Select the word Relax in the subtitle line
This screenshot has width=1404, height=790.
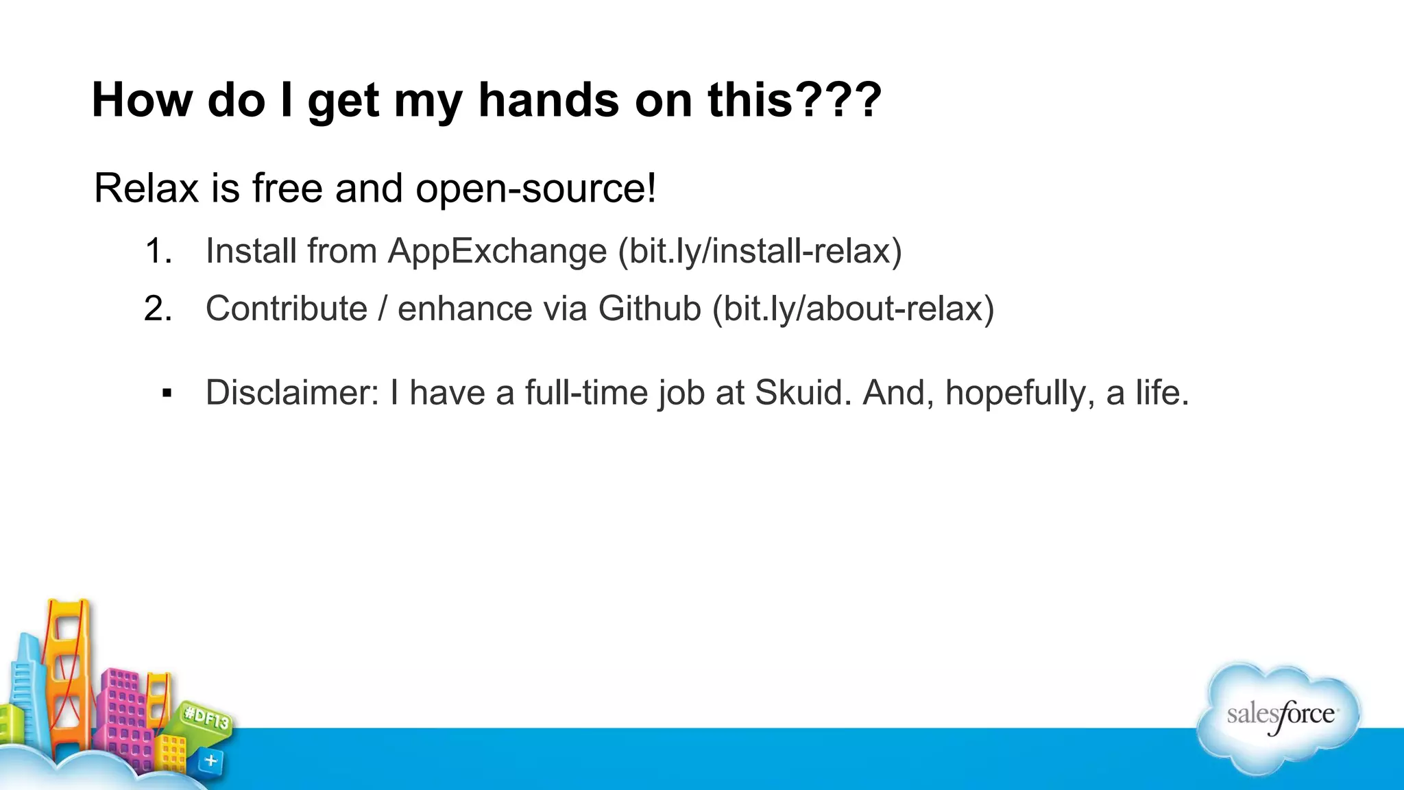pyautogui.click(x=146, y=188)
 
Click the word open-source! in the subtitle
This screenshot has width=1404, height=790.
pyautogui.click(x=535, y=189)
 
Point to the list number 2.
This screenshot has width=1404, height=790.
pyautogui.click(x=158, y=309)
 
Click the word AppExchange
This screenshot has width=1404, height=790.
pyautogui.click(x=497, y=252)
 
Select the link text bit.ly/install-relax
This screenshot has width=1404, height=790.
pyautogui.click(x=760, y=251)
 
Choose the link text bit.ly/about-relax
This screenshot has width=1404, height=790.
pyautogui.click(x=853, y=309)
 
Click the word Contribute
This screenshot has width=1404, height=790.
pyautogui.click(x=287, y=309)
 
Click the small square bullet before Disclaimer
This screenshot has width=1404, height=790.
pyautogui.click(x=167, y=394)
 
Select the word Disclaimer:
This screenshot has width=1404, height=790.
pyautogui.click(x=292, y=393)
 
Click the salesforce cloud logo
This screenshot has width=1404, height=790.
pyautogui.click(x=1279, y=717)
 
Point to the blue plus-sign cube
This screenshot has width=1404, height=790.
pyautogui.click(x=210, y=761)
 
